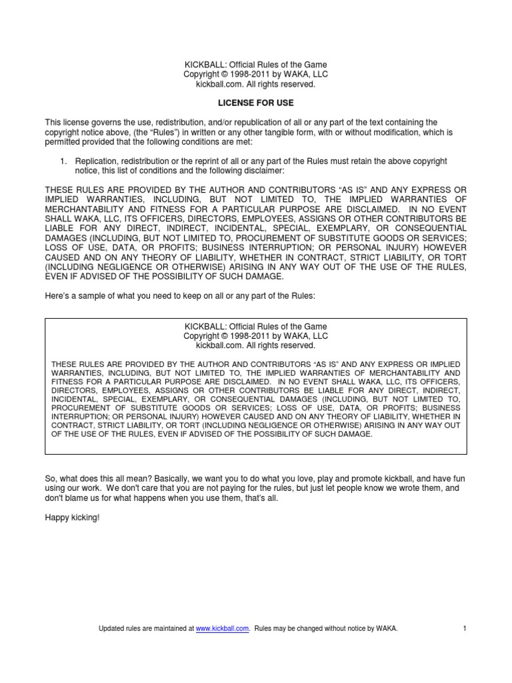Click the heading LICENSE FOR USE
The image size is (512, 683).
pos(256,103)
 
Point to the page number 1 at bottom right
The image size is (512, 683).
pos(464,628)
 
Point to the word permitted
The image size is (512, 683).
pos(65,142)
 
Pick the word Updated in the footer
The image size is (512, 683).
pos(111,628)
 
